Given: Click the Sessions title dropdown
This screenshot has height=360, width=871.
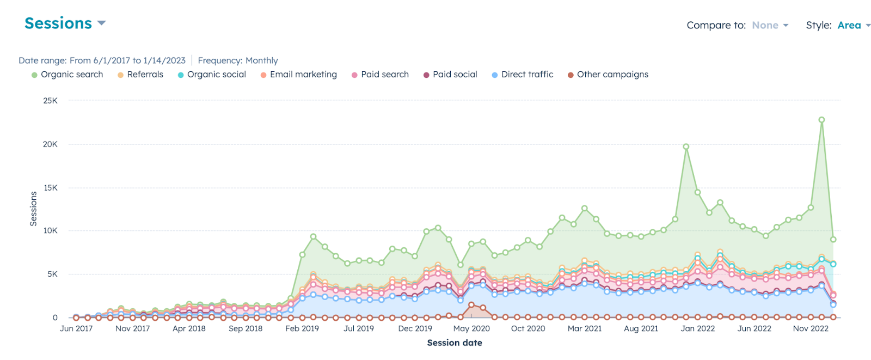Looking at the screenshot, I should coord(65,23).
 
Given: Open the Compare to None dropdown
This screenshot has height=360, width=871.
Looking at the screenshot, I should coord(769,26).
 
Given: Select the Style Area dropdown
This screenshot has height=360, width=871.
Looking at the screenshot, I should coord(853,26).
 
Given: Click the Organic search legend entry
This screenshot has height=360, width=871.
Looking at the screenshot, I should coord(68,75).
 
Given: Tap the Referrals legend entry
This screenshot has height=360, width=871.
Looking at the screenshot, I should coord(141,75).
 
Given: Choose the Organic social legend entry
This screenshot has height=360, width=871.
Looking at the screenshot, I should coord(212,75).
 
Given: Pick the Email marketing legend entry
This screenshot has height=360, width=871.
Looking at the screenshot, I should coord(299,75).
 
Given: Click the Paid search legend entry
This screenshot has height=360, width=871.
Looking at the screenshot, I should coord(381,75).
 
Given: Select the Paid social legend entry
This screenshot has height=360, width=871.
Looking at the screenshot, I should coord(451,75).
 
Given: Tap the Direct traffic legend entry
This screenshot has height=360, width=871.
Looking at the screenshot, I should coord(523,75).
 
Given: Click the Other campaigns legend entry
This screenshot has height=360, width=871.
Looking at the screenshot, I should coord(609,75).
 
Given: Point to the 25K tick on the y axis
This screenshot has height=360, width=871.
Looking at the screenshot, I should coord(51,101).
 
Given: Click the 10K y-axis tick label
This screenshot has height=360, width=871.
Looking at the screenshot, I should coord(51,231).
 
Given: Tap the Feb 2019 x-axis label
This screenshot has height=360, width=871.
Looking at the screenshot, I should coord(302,329).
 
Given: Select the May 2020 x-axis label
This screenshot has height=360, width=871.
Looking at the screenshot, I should coord(471,329).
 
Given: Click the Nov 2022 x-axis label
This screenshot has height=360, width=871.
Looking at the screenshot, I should coord(811,329).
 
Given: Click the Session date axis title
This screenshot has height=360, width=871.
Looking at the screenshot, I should coord(455,343).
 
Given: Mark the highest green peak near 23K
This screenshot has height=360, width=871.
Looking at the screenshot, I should coord(821,120).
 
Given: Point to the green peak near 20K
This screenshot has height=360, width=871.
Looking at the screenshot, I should coord(686,147).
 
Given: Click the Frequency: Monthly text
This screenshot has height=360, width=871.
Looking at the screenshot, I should coord(238,60).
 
